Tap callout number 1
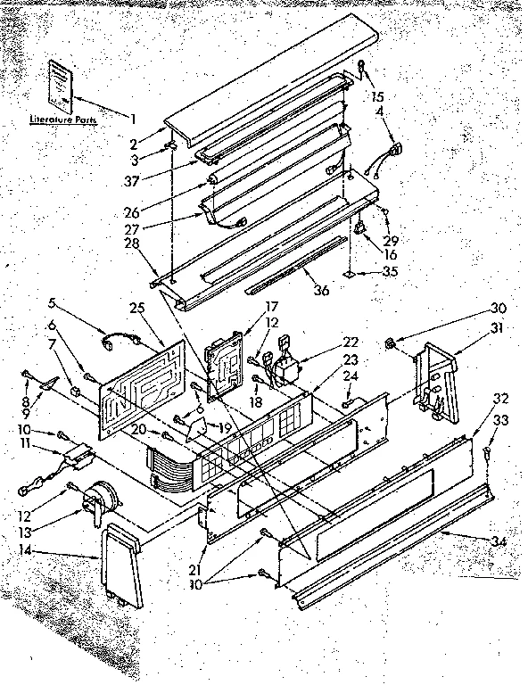point(133,119)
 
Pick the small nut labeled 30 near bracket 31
point(390,343)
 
